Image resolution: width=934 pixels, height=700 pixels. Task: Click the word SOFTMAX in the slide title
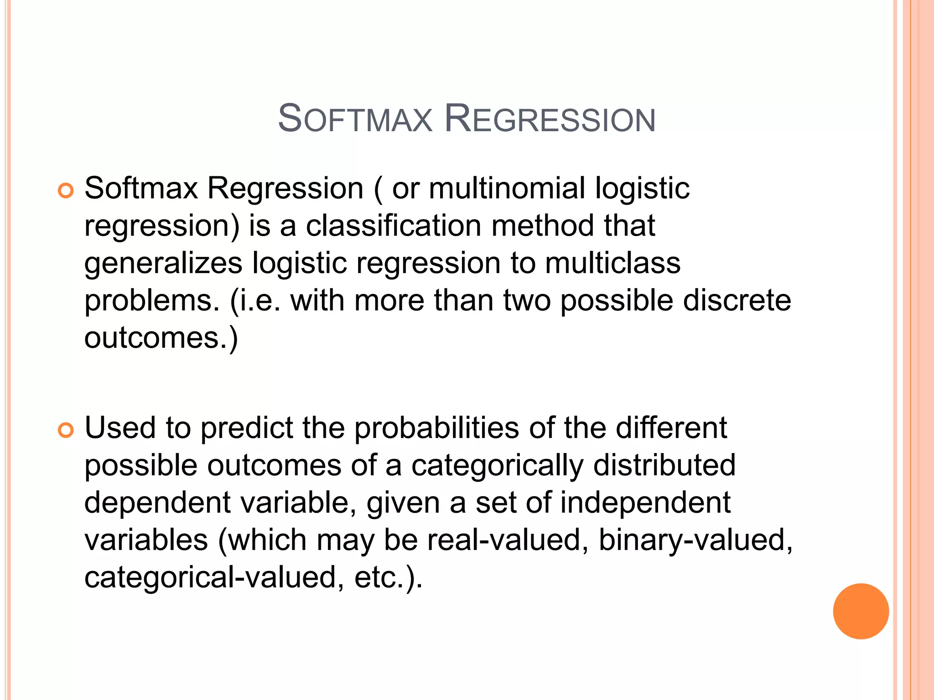355,119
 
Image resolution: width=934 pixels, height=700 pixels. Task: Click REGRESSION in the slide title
550,119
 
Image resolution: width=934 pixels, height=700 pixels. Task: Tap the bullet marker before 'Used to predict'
66,430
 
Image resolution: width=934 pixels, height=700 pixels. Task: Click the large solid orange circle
861,611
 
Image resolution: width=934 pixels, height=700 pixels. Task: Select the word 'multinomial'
507,188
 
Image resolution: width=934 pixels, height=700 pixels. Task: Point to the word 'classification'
393,226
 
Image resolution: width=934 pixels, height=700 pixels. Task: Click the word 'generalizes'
163,264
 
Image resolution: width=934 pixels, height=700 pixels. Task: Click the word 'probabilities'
436,428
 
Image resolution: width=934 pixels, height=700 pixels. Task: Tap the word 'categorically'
497,466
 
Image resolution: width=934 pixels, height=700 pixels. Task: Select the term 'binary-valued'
695,540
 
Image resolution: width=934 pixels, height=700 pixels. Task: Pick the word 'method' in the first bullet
543,226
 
